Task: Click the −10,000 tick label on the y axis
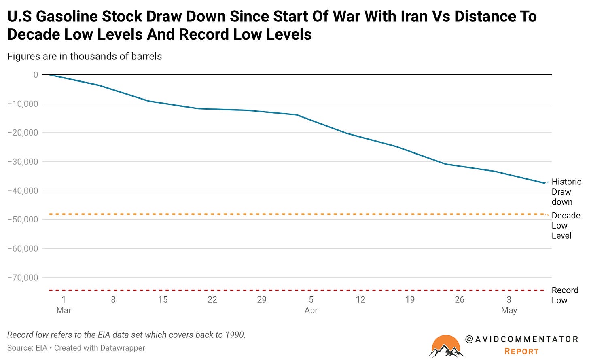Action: (23, 104)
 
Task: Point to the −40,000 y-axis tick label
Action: (23, 191)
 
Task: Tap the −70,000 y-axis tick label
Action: (23, 277)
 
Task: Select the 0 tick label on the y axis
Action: (36, 75)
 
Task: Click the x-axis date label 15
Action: (163, 299)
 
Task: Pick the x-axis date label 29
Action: (262, 299)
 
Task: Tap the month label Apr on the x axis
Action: (311, 311)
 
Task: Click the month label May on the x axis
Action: (509, 311)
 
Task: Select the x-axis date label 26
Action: (460, 299)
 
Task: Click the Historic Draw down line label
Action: (566, 192)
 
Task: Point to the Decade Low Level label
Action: (566, 225)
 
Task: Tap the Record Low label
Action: (565, 295)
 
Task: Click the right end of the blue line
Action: (545, 183)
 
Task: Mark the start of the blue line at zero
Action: (50, 75)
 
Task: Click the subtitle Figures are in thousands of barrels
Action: (85, 57)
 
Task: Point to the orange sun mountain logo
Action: (446, 346)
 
